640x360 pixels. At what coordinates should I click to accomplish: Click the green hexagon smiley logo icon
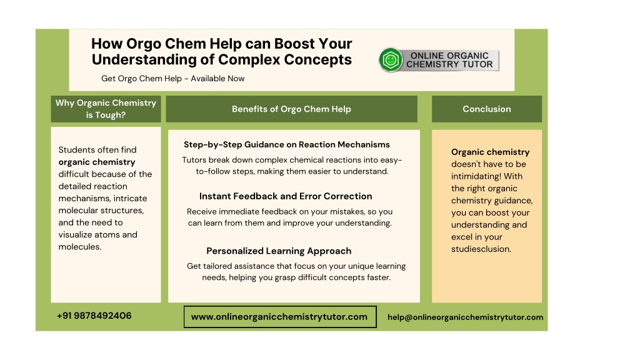(x=391, y=60)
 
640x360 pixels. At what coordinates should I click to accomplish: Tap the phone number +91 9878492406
(x=94, y=316)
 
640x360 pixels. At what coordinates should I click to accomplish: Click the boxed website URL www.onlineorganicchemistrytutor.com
(x=279, y=317)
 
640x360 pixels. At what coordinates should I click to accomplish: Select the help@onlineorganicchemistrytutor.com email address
(x=465, y=317)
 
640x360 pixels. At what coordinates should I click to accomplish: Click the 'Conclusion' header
(x=486, y=109)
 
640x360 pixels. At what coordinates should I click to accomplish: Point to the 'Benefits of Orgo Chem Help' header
(x=291, y=109)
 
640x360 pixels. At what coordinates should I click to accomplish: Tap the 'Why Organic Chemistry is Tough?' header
(x=106, y=109)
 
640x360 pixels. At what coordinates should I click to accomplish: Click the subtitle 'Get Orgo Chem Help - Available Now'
(x=172, y=78)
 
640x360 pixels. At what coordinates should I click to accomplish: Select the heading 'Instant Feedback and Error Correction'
(x=286, y=196)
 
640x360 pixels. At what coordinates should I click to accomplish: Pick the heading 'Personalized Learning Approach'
(x=279, y=251)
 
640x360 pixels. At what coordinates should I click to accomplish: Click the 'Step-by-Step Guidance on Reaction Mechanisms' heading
(x=286, y=144)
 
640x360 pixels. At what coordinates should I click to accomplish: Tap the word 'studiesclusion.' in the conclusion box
(x=481, y=249)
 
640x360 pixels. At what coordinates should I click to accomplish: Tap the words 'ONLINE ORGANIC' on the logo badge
(x=449, y=56)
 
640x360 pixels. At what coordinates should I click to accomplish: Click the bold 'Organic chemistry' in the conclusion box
(x=490, y=152)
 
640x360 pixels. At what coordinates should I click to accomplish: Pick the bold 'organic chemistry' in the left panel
(x=97, y=162)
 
